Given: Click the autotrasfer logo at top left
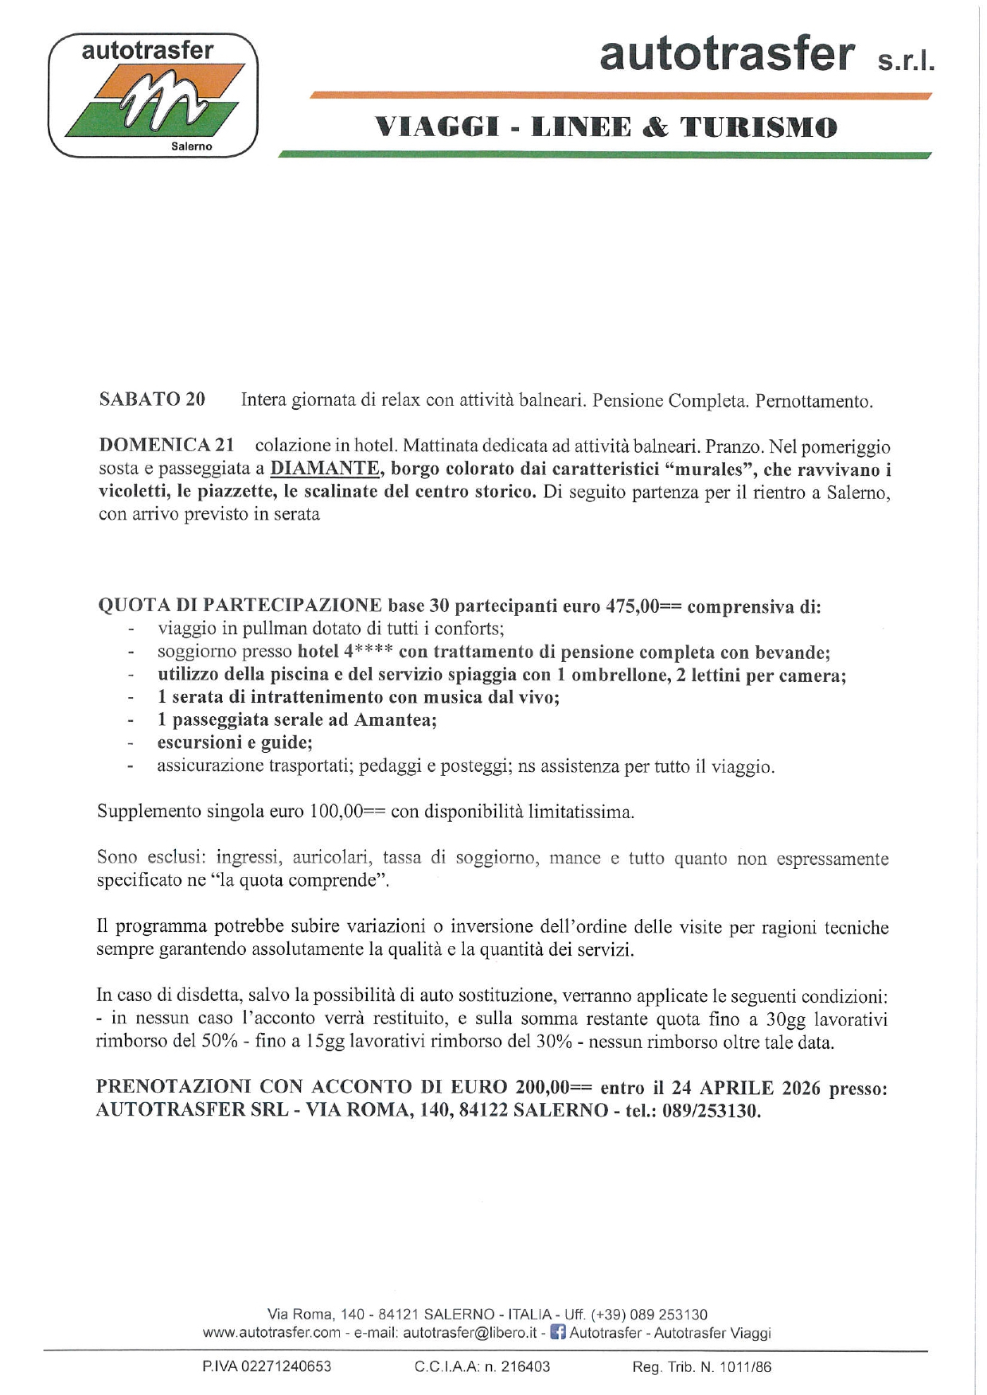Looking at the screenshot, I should pos(153,95).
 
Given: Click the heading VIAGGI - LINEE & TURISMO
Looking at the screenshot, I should pos(606,127).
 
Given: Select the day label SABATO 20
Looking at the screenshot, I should pos(152,399).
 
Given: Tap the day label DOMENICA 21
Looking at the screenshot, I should pos(166,446).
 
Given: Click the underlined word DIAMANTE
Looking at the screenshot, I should pos(325,469).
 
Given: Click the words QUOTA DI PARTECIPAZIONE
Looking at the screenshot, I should pos(240,606).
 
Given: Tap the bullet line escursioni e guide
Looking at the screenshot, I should pos(235,742).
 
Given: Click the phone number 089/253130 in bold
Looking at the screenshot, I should pos(711,1110).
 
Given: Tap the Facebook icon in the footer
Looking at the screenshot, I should pos(558,1332).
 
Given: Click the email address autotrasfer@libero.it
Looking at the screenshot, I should pos(470,1333).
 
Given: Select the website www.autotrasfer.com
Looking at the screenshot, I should pos(271,1333).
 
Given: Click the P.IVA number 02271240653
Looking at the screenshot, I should pos(286,1367).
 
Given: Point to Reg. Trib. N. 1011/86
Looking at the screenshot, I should pos(701,1367).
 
